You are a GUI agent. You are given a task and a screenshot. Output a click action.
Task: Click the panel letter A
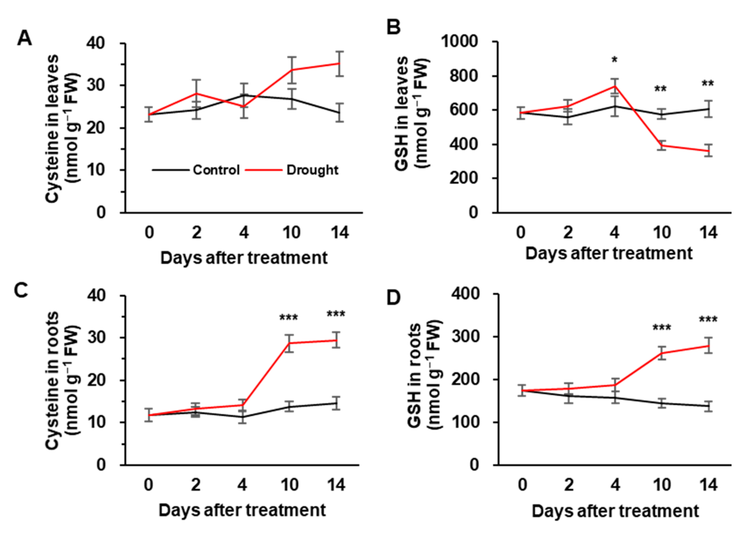click(x=25, y=38)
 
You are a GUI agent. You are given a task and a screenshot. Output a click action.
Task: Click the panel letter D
click(x=394, y=298)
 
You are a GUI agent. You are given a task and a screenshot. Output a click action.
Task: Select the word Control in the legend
click(x=216, y=170)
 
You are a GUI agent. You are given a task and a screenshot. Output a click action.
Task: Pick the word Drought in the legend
click(x=312, y=170)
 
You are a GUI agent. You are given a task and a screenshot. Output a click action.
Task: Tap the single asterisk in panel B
click(x=615, y=60)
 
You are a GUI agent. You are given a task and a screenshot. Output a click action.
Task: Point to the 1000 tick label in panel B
click(x=459, y=42)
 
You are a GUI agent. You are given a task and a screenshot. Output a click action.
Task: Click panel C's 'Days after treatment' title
click(x=242, y=510)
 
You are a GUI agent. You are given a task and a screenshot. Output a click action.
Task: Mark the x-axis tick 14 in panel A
click(x=340, y=233)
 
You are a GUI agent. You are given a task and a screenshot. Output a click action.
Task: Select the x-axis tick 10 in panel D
click(x=662, y=485)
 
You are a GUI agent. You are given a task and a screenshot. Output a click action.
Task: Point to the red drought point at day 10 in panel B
click(x=662, y=145)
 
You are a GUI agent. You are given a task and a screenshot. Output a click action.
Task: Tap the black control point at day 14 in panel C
click(x=336, y=403)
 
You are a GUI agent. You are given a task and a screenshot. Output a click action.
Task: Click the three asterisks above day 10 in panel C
click(x=289, y=318)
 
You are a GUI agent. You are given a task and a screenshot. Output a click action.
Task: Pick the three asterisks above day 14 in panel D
click(x=708, y=319)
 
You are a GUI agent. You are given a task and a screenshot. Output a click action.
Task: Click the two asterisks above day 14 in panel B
click(x=708, y=83)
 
